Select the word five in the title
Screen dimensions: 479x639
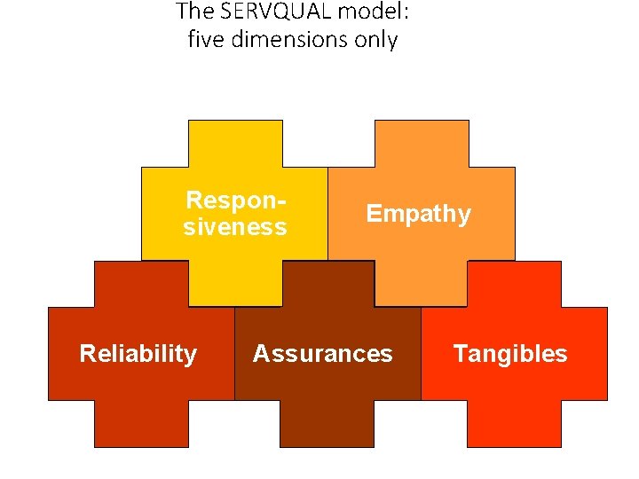[x=204, y=40]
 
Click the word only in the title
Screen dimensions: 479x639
[x=377, y=40]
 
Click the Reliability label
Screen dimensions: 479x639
[x=138, y=354]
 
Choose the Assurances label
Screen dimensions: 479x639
[x=322, y=354]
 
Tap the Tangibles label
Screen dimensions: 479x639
[x=510, y=354]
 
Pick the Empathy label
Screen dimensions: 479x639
[x=419, y=214]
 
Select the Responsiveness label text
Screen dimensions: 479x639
[x=235, y=214]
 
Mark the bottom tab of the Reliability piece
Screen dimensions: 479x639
[x=142, y=423]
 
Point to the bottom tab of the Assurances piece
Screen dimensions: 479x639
[x=327, y=423]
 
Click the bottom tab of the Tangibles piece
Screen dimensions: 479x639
[x=515, y=423]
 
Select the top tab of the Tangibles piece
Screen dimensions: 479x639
[x=515, y=284]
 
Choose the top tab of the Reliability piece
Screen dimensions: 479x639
[x=142, y=284]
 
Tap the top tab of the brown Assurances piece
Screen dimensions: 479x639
[x=327, y=284]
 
